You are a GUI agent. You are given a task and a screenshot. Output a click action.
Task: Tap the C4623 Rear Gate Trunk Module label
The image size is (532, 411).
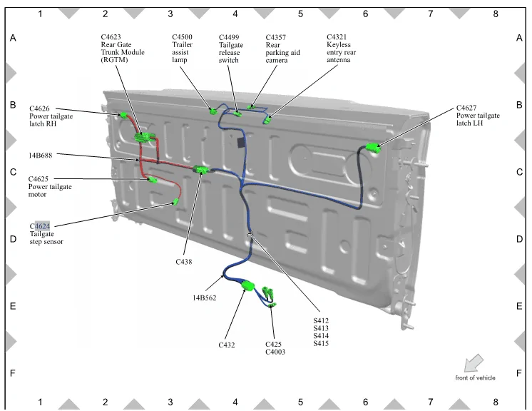pyautogui.click(x=122, y=49)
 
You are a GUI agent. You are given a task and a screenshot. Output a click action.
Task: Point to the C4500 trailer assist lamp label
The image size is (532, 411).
pyautogui.click(x=183, y=49)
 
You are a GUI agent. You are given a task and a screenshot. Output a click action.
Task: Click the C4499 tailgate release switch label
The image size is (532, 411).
pyautogui.click(x=230, y=49)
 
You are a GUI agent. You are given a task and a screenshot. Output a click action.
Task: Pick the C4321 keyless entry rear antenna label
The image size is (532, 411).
pyautogui.click(x=341, y=49)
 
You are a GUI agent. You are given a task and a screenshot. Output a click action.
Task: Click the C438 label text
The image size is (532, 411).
pyautogui.click(x=185, y=262)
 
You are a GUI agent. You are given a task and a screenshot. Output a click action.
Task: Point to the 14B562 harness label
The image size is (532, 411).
pyautogui.click(x=203, y=297)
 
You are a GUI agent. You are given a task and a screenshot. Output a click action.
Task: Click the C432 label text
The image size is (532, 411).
pyautogui.click(x=227, y=345)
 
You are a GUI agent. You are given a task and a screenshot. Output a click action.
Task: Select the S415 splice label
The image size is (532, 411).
pyautogui.click(x=321, y=344)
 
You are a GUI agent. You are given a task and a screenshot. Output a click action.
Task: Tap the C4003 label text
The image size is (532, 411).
pyautogui.click(x=275, y=352)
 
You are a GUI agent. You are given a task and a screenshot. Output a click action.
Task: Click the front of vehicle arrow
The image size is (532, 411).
pyautogui.click(x=474, y=363)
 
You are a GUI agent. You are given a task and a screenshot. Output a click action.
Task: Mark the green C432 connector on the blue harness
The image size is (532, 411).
pyautogui.click(x=247, y=287)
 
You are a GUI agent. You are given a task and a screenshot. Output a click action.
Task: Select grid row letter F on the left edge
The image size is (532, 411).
pyautogui.click(x=12, y=373)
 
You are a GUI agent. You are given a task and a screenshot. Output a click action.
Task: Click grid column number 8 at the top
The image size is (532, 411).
pyautogui.click(x=495, y=13)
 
